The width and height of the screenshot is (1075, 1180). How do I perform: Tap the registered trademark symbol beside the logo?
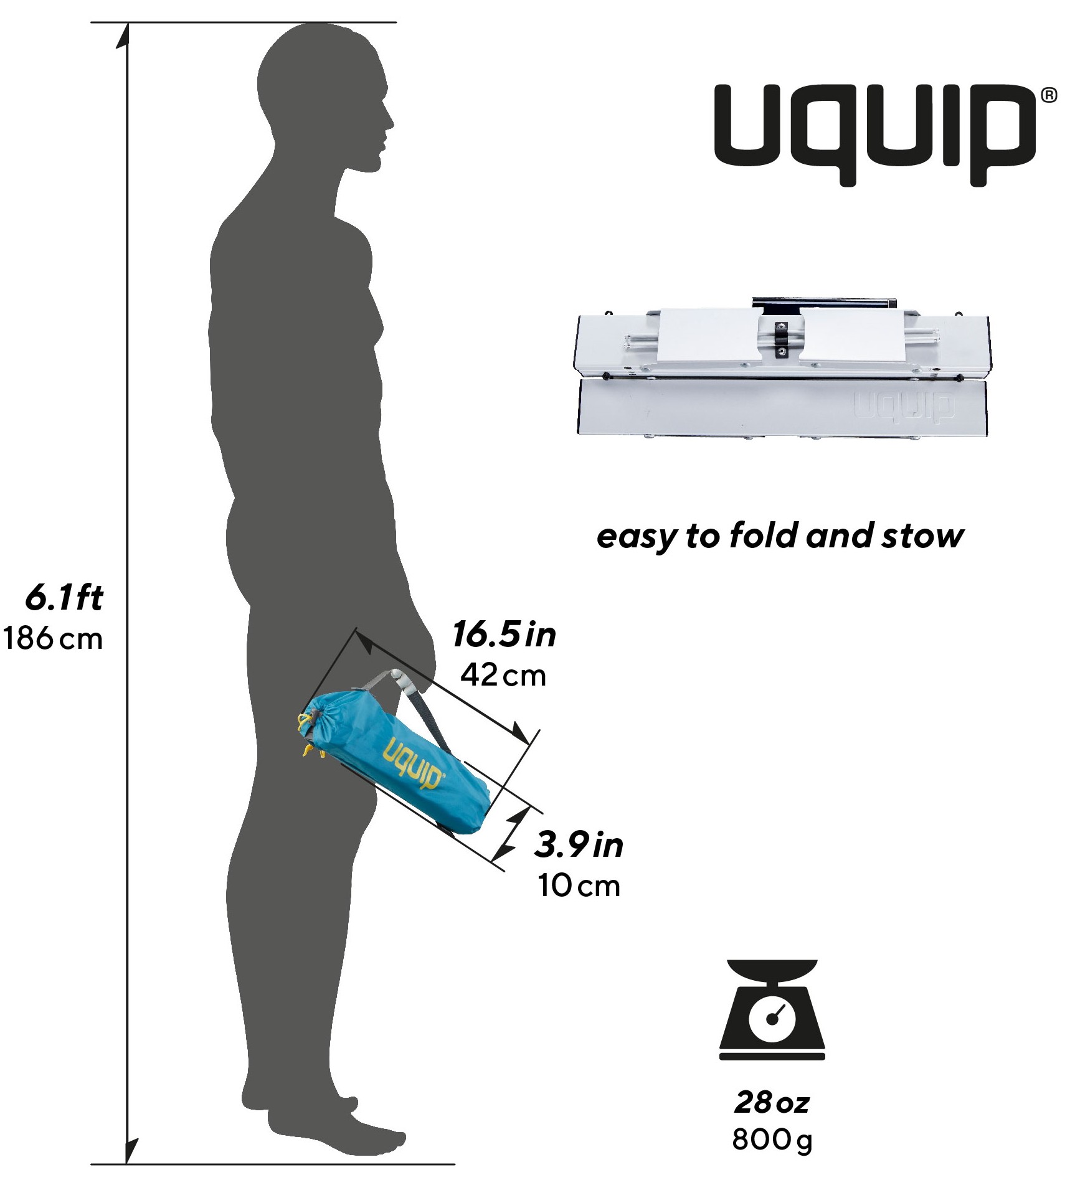(x=1049, y=95)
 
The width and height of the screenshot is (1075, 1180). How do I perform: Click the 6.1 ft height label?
(x=64, y=598)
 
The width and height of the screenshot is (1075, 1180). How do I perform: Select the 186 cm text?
(x=53, y=639)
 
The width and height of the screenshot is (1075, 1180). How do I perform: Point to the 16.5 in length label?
(x=504, y=635)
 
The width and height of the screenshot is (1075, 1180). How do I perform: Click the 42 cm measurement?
(x=503, y=675)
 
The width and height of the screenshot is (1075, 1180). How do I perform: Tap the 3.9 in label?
(x=579, y=845)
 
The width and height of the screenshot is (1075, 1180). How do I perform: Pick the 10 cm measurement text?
(x=579, y=885)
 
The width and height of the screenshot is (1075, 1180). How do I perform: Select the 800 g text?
(x=772, y=1140)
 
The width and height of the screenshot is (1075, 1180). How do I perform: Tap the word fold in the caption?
(x=764, y=536)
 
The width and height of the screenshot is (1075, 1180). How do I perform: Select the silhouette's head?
(x=324, y=93)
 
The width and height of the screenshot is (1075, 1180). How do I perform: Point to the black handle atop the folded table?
(x=823, y=303)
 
